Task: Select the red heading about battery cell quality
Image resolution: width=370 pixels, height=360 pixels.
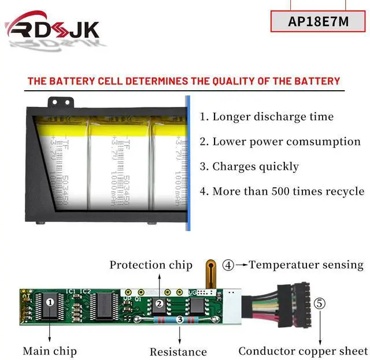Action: tap(184, 81)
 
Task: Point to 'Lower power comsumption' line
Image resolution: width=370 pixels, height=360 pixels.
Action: tap(280, 142)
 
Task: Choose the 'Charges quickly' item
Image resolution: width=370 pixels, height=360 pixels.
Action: tap(250, 166)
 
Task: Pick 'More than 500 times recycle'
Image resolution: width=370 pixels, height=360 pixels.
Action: tap(282, 191)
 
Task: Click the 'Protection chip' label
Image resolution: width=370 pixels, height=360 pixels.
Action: tap(151, 265)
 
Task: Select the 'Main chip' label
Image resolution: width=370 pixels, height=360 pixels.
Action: tap(50, 351)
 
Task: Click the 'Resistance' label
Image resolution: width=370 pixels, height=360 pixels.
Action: tap(178, 351)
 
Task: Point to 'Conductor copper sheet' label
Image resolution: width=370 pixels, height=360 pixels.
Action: tap(303, 351)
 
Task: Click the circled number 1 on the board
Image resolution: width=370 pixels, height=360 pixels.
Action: tap(50, 301)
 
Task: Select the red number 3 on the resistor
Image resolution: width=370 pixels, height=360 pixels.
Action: tap(180, 319)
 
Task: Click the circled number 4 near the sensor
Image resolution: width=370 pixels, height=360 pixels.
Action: tap(228, 265)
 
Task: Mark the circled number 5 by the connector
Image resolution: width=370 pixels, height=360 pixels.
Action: tap(320, 303)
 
